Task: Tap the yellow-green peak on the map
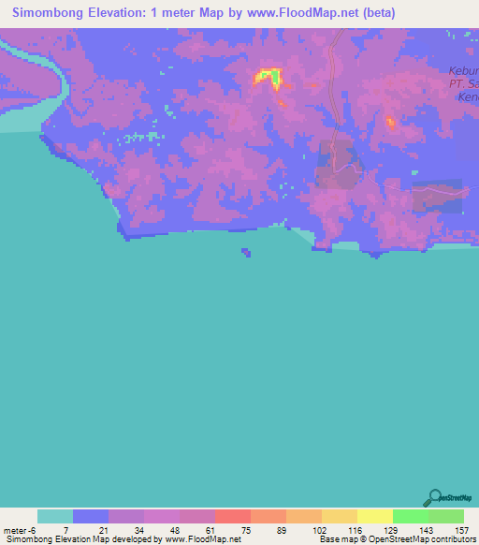coord(269,76)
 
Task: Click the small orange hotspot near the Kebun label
coord(390,122)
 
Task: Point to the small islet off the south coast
coord(245,251)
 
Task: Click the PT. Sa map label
coord(463,83)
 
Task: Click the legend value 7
coord(65,529)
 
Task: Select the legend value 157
coord(460,529)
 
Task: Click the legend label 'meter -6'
coord(18,529)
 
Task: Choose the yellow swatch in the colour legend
coord(375,516)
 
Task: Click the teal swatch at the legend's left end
coord(55,516)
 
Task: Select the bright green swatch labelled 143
coord(411,516)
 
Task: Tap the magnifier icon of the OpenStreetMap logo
coord(433,495)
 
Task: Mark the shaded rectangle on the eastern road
coord(437,197)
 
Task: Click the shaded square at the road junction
coord(338,164)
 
